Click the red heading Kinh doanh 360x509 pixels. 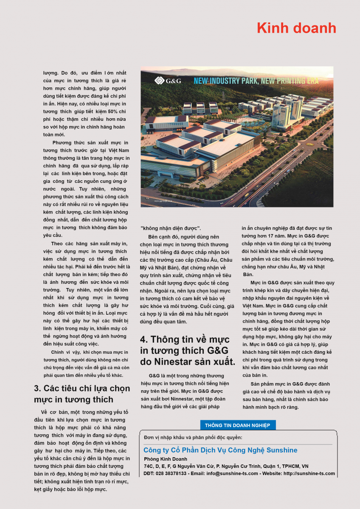(296, 28)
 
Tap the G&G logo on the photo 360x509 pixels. (168, 81)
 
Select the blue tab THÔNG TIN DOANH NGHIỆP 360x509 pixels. (238, 425)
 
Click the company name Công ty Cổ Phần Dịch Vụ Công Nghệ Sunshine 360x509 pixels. (220, 450)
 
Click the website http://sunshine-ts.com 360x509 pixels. (309, 473)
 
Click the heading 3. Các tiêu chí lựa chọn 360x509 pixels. (82, 389)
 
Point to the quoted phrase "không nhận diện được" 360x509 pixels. (171, 228)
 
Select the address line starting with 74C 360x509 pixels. (226, 466)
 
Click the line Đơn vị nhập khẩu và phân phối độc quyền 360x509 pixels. (193, 437)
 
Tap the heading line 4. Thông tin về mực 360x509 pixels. (185, 339)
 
